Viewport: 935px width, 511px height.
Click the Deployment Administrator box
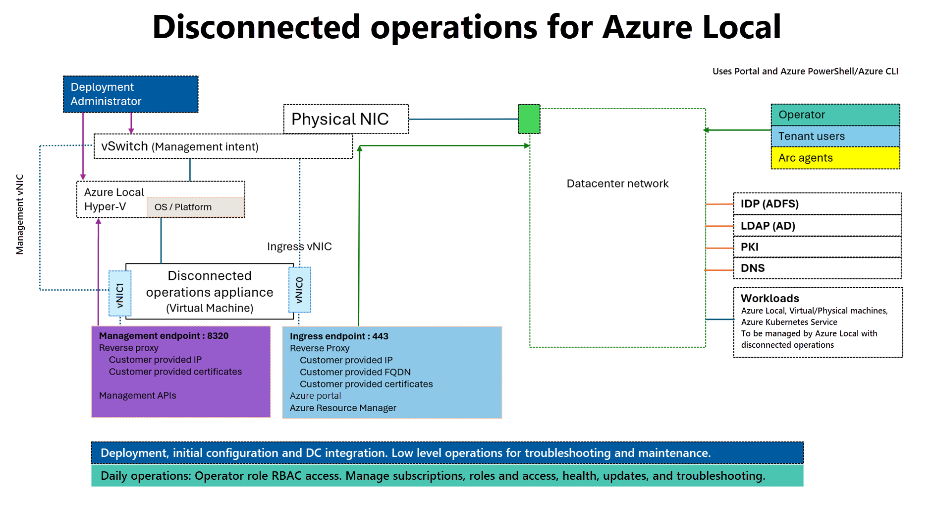click(130, 94)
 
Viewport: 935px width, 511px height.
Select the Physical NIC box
click(346, 119)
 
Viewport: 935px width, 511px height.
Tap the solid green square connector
click(529, 119)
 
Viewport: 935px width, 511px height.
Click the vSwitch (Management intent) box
click(223, 146)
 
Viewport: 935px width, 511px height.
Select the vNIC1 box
click(120, 294)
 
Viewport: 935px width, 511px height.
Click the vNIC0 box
click(299, 290)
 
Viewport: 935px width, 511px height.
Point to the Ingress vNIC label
click(299, 247)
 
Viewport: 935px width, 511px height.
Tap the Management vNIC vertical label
click(20, 214)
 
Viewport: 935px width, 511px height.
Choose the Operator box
click(835, 115)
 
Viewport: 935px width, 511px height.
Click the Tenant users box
click(835, 136)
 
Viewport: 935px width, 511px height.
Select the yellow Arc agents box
click(835, 158)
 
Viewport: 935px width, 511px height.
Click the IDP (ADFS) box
click(817, 204)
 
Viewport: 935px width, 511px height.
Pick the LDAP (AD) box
click(817, 226)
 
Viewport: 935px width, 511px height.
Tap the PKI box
click(817, 247)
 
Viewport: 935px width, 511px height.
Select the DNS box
click(817, 268)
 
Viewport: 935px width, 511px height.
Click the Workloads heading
click(770, 298)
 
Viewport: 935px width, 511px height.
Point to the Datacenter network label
click(617, 184)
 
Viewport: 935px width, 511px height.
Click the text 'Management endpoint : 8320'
click(164, 336)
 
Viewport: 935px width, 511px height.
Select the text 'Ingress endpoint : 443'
click(339, 336)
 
